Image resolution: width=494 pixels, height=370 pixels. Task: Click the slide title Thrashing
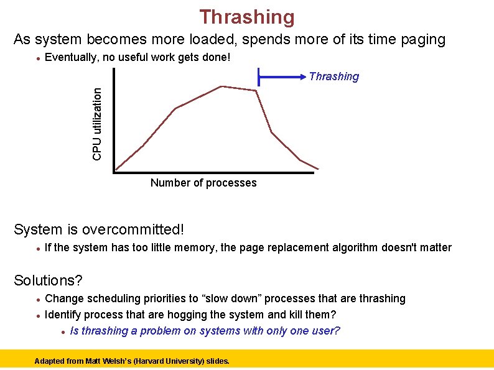pos(247,17)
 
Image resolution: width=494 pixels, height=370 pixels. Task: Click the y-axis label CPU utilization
pos(97,123)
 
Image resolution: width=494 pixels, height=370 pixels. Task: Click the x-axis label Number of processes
pos(203,183)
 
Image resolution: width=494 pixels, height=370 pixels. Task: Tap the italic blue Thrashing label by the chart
pos(334,76)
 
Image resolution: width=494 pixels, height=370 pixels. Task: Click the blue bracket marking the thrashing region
pos(283,78)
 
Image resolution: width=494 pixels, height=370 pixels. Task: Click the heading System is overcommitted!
pos(99,229)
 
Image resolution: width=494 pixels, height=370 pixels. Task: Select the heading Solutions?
pos(48,280)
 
